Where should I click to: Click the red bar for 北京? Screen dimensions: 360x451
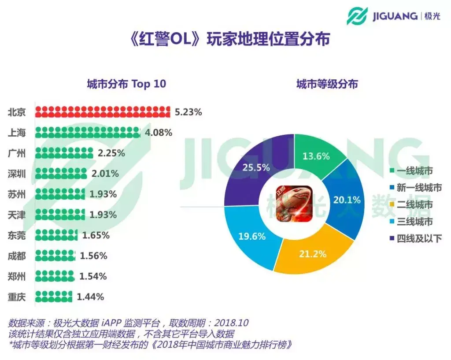(102, 112)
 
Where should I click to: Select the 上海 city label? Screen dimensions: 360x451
(17, 133)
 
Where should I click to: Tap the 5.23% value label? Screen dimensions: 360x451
(188, 112)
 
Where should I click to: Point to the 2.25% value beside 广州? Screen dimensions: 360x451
(111, 153)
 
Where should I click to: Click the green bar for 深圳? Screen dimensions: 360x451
(61, 174)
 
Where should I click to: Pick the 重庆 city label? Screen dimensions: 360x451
(17, 297)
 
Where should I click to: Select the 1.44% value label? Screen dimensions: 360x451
(90, 297)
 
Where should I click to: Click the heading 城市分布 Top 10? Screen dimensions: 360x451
(126, 84)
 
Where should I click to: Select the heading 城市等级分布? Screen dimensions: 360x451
(327, 84)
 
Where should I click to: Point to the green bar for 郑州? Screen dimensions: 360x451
(55, 276)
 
